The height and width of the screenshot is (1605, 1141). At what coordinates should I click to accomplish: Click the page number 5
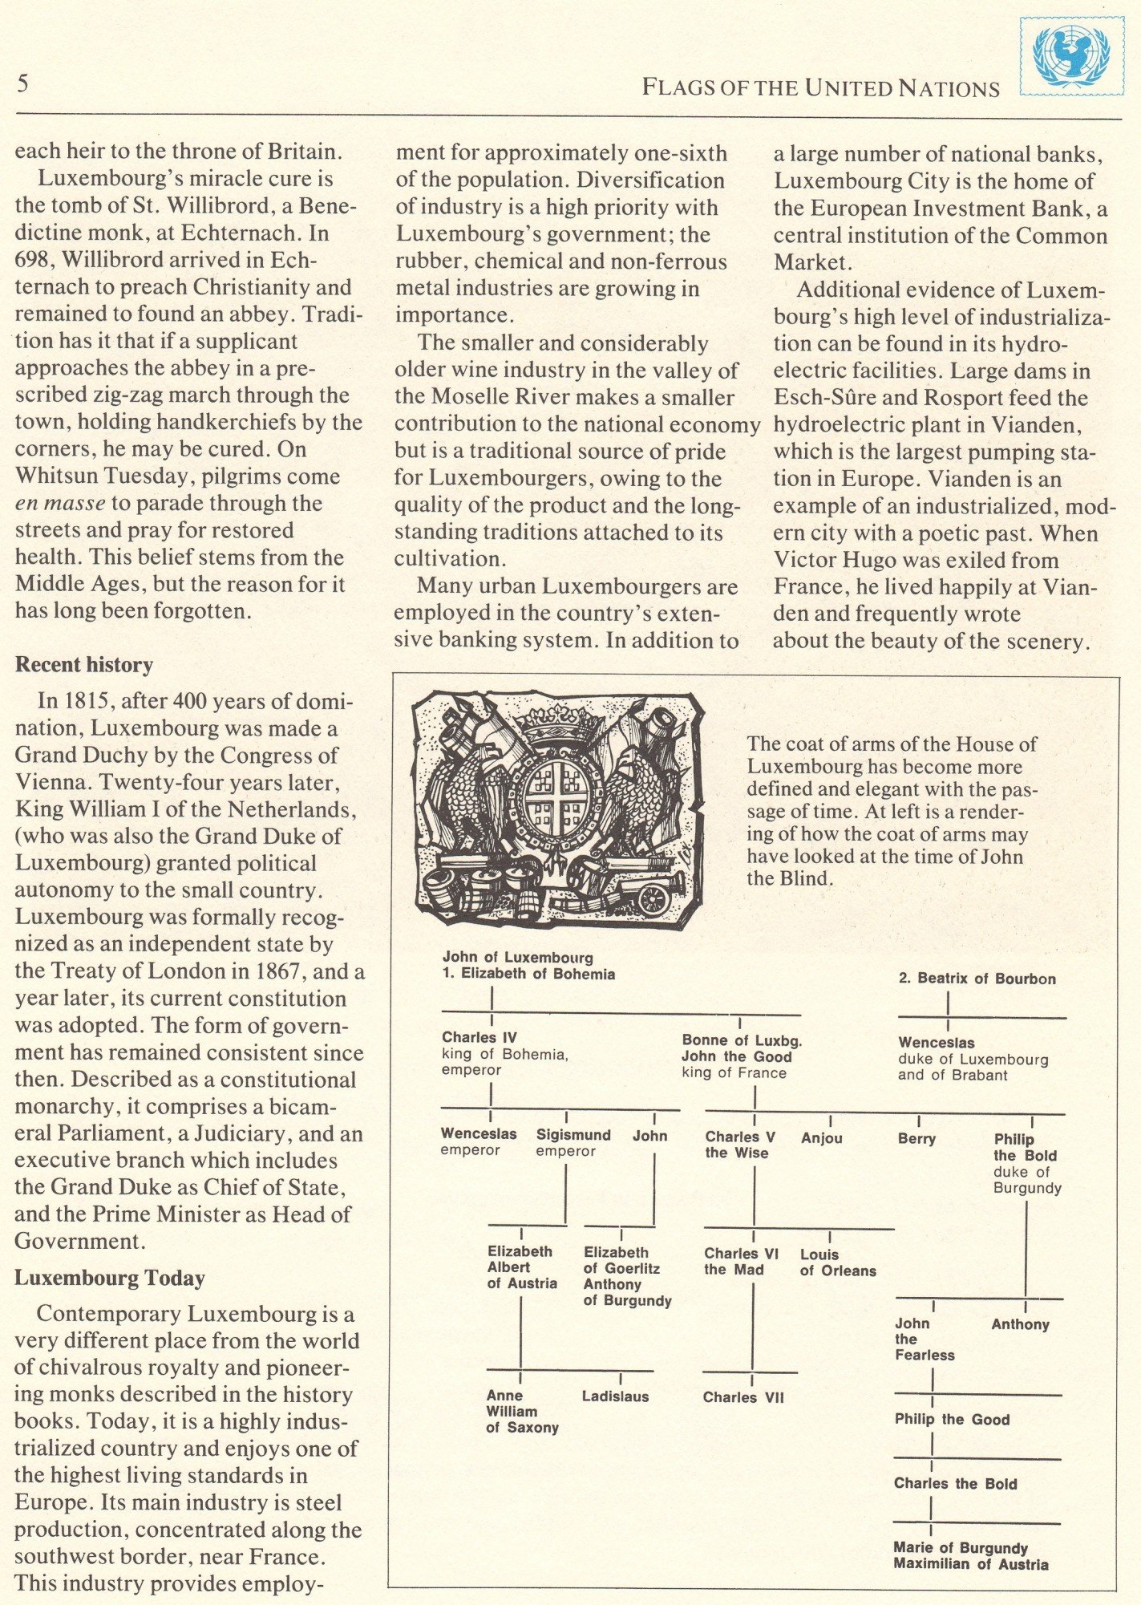tap(24, 83)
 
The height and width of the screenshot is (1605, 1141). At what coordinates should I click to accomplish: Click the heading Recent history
tap(83, 665)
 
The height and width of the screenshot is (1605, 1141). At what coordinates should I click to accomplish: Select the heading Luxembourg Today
tap(110, 1278)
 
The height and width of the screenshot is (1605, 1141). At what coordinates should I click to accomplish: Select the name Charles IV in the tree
tap(479, 1038)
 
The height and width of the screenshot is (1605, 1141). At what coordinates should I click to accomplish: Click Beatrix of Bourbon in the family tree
tap(977, 979)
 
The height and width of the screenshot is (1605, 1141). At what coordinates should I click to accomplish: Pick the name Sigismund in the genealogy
tap(573, 1135)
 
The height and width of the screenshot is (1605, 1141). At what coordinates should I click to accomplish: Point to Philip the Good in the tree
tap(952, 1419)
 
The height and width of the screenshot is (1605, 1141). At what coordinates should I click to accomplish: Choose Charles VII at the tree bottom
tap(743, 1397)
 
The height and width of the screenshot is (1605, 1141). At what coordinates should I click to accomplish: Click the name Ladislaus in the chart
tap(615, 1396)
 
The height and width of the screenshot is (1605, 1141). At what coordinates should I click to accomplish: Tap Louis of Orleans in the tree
tap(838, 1263)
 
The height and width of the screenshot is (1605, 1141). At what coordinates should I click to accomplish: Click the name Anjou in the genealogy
tap(821, 1137)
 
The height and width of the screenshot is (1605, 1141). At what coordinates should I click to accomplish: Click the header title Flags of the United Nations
tap(820, 88)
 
